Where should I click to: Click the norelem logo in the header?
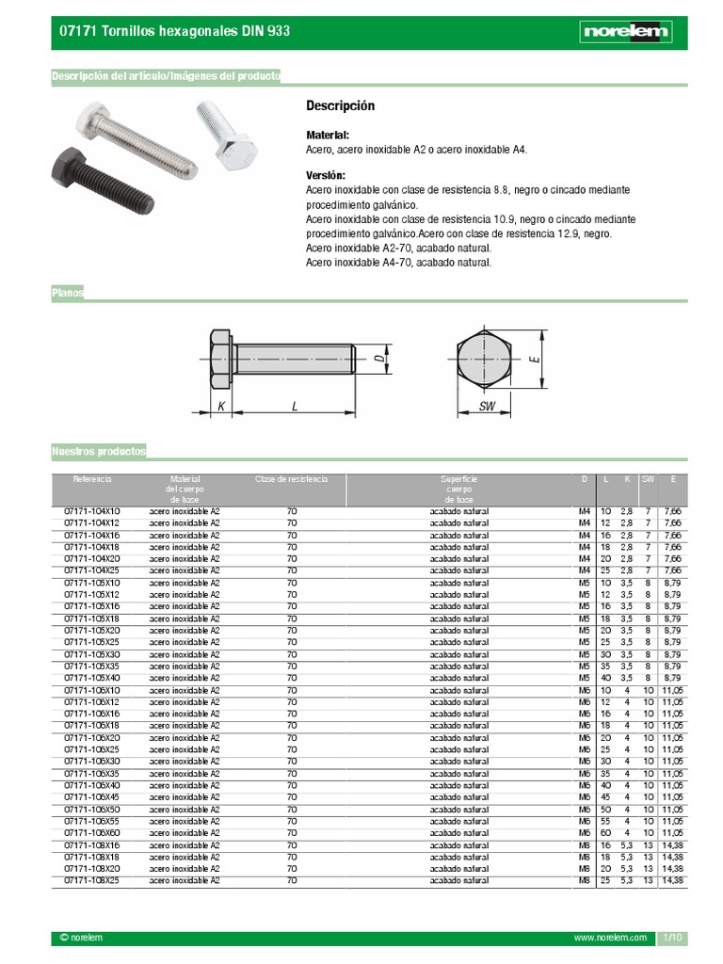point(625,32)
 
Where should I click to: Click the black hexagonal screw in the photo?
point(100,176)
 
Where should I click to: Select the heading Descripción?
point(341,105)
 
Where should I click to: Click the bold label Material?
point(328,136)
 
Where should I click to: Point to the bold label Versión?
point(326,176)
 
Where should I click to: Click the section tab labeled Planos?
point(68,294)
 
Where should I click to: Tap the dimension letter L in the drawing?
point(295,406)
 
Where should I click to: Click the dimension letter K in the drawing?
point(221,406)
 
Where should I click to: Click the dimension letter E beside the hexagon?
point(533,359)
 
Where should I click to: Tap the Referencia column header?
point(92,479)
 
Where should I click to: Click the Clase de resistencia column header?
point(291,479)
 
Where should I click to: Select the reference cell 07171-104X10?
point(91,511)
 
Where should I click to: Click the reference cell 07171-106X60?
point(91,833)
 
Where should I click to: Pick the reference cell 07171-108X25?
point(91,880)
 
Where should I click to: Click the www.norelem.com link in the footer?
point(610,939)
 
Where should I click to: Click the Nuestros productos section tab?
point(99,452)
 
